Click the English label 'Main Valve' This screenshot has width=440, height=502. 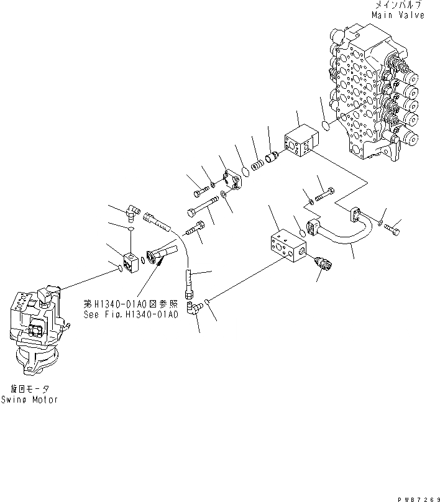398,14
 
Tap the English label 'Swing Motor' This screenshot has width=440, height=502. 29,399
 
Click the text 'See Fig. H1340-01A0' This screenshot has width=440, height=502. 131,314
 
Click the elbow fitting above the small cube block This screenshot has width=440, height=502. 132,214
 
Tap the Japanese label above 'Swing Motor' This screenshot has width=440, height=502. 29,389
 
